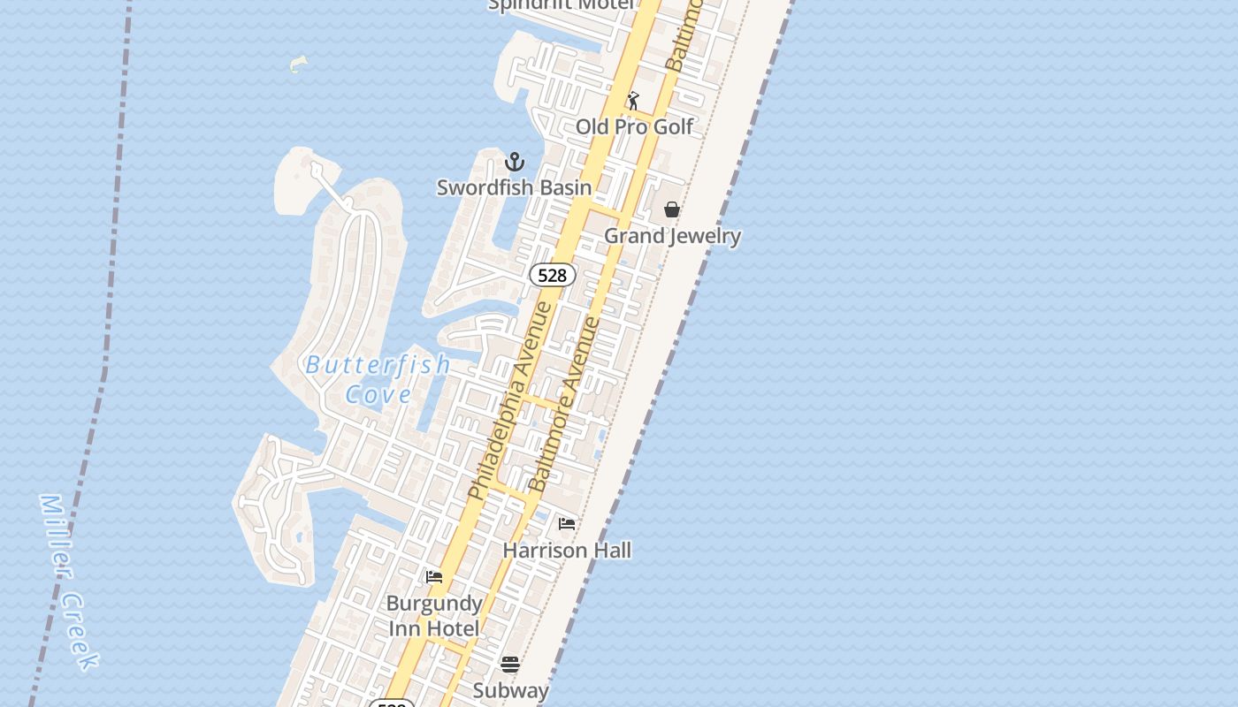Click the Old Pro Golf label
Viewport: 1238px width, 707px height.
[x=634, y=127]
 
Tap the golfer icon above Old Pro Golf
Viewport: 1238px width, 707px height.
[x=633, y=101]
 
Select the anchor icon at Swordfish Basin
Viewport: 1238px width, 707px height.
[x=515, y=162]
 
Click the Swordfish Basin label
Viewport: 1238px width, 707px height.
[x=514, y=187]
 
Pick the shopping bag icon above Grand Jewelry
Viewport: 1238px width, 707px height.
[x=672, y=209]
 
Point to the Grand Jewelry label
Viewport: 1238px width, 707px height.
[x=672, y=236]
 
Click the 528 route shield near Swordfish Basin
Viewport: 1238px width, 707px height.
[x=552, y=275]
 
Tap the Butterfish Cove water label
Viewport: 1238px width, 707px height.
[x=378, y=378]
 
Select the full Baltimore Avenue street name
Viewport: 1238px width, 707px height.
[x=563, y=405]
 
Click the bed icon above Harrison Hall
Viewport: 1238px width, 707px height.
[x=567, y=524]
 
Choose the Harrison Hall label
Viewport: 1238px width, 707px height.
[x=567, y=551]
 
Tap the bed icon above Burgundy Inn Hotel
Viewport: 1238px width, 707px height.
[x=434, y=577]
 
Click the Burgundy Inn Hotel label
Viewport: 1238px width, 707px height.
[x=434, y=616]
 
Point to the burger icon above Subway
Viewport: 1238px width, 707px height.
[x=510, y=664]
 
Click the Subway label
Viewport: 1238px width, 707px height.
[x=510, y=690]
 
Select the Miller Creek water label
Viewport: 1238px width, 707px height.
[x=69, y=582]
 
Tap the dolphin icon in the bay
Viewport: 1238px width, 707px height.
[x=299, y=64]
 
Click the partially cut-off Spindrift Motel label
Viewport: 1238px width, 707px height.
[x=562, y=5]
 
